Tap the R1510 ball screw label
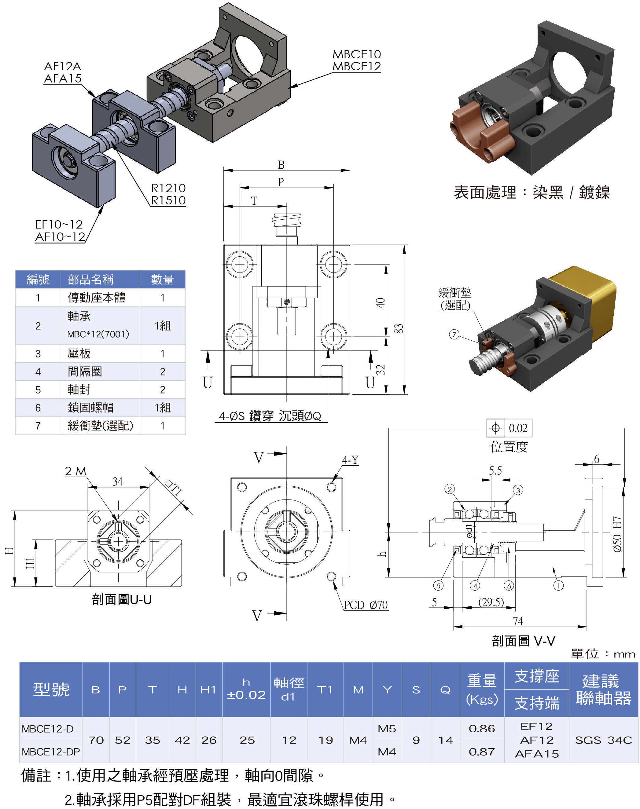pos(168,200)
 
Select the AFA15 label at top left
pos(63,79)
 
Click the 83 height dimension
pos(399,328)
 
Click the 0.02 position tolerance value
pos(518,428)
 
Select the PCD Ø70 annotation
pos(366,605)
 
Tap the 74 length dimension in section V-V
pos(517,621)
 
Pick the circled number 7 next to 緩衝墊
pos(454,335)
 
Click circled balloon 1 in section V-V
pos(558,586)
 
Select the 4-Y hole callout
pos(350,460)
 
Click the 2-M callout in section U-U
pos(75,471)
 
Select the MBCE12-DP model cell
pos(51,752)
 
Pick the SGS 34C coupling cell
pos(603,740)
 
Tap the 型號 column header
pos(51,690)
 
